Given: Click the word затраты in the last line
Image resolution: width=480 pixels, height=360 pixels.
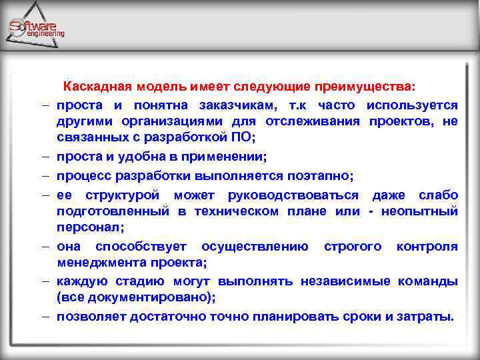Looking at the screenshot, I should pyautogui.click(x=428, y=316).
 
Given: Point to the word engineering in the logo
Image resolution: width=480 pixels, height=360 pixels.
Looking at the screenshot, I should pyautogui.click(x=45, y=34).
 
